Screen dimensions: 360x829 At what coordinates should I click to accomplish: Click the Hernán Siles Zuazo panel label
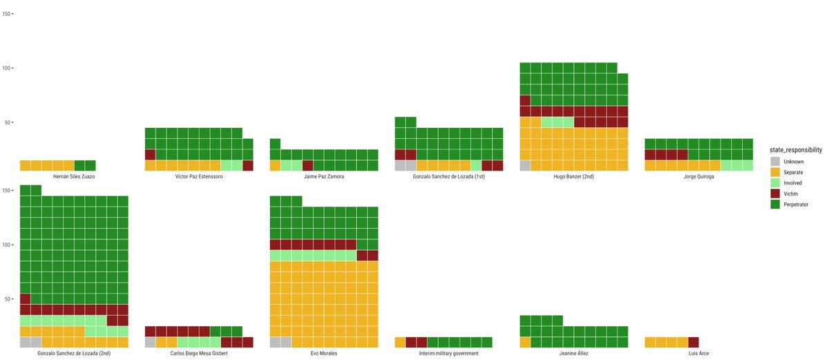[x=74, y=177]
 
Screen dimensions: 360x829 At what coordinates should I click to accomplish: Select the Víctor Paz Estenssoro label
[x=199, y=177]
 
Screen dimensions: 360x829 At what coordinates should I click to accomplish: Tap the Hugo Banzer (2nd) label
[x=573, y=177]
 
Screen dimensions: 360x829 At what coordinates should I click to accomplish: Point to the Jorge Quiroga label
[x=698, y=177]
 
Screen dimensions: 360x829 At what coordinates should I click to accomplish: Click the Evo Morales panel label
[x=324, y=354]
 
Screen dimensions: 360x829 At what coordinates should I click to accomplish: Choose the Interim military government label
[x=448, y=354]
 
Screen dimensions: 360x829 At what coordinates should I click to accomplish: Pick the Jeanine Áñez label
[x=573, y=354]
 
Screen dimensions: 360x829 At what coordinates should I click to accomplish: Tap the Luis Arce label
[x=698, y=354]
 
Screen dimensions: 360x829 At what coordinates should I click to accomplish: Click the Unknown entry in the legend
[x=793, y=162]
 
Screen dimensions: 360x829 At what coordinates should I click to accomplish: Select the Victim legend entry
[x=791, y=194]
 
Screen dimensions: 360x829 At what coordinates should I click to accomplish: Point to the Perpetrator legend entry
[x=796, y=205]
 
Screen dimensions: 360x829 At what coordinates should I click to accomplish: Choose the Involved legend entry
[x=794, y=183]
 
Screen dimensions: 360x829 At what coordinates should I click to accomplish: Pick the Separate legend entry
[x=794, y=172]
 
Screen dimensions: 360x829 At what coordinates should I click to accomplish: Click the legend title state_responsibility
[x=796, y=149]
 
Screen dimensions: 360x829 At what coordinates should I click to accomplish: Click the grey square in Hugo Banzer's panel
[x=525, y=166]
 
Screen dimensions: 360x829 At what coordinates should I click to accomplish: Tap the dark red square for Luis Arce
[x=694, y=342]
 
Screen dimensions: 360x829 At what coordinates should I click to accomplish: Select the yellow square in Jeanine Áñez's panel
[x=525, y=342]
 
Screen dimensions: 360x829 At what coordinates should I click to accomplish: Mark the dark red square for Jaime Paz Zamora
[x=308, y=166]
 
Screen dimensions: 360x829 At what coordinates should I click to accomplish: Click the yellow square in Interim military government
[x=400, y=342]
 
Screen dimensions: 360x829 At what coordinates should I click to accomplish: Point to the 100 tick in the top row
[x=6, y=68]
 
